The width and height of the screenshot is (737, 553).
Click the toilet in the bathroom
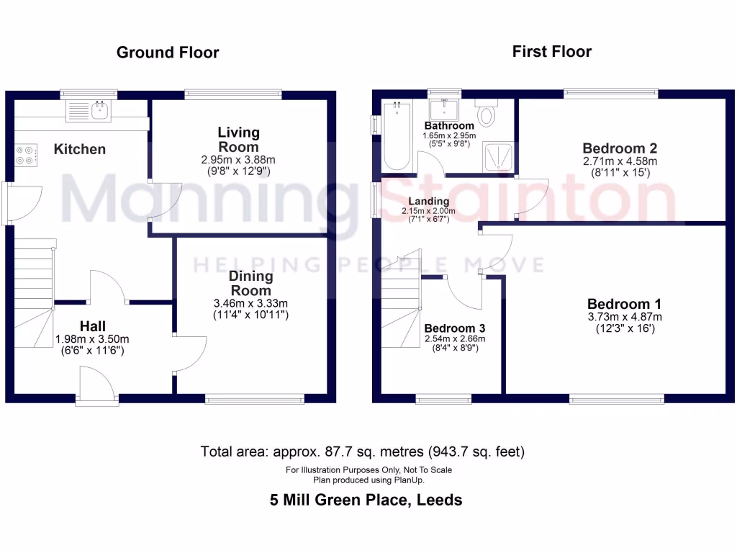(488, 114)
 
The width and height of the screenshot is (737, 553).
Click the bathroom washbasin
(444, 110)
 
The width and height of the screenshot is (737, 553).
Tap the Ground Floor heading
(168, 53)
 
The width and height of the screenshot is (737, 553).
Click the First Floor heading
(551, 51)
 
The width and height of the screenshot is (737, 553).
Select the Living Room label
(239, 139)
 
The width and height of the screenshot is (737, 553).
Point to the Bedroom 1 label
(624, 304)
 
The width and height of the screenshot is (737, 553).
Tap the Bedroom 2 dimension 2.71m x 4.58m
(620, 161)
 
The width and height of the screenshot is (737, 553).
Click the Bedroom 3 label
(449, 328)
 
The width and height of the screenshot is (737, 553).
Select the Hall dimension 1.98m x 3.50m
(93, 338)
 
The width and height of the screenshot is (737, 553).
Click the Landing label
(429, 201)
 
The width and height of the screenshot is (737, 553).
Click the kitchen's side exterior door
(12, 203)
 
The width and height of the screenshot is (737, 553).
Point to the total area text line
(363, 452)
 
